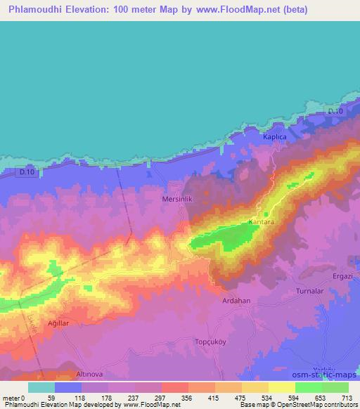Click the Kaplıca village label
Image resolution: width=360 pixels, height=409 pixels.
point(275,137)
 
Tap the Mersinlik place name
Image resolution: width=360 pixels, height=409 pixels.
point(178,199)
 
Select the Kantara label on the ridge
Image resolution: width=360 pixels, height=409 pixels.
point(261,222)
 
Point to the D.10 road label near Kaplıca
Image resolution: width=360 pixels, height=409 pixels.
point(334,113)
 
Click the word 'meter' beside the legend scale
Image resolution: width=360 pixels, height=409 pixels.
point(11,397)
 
